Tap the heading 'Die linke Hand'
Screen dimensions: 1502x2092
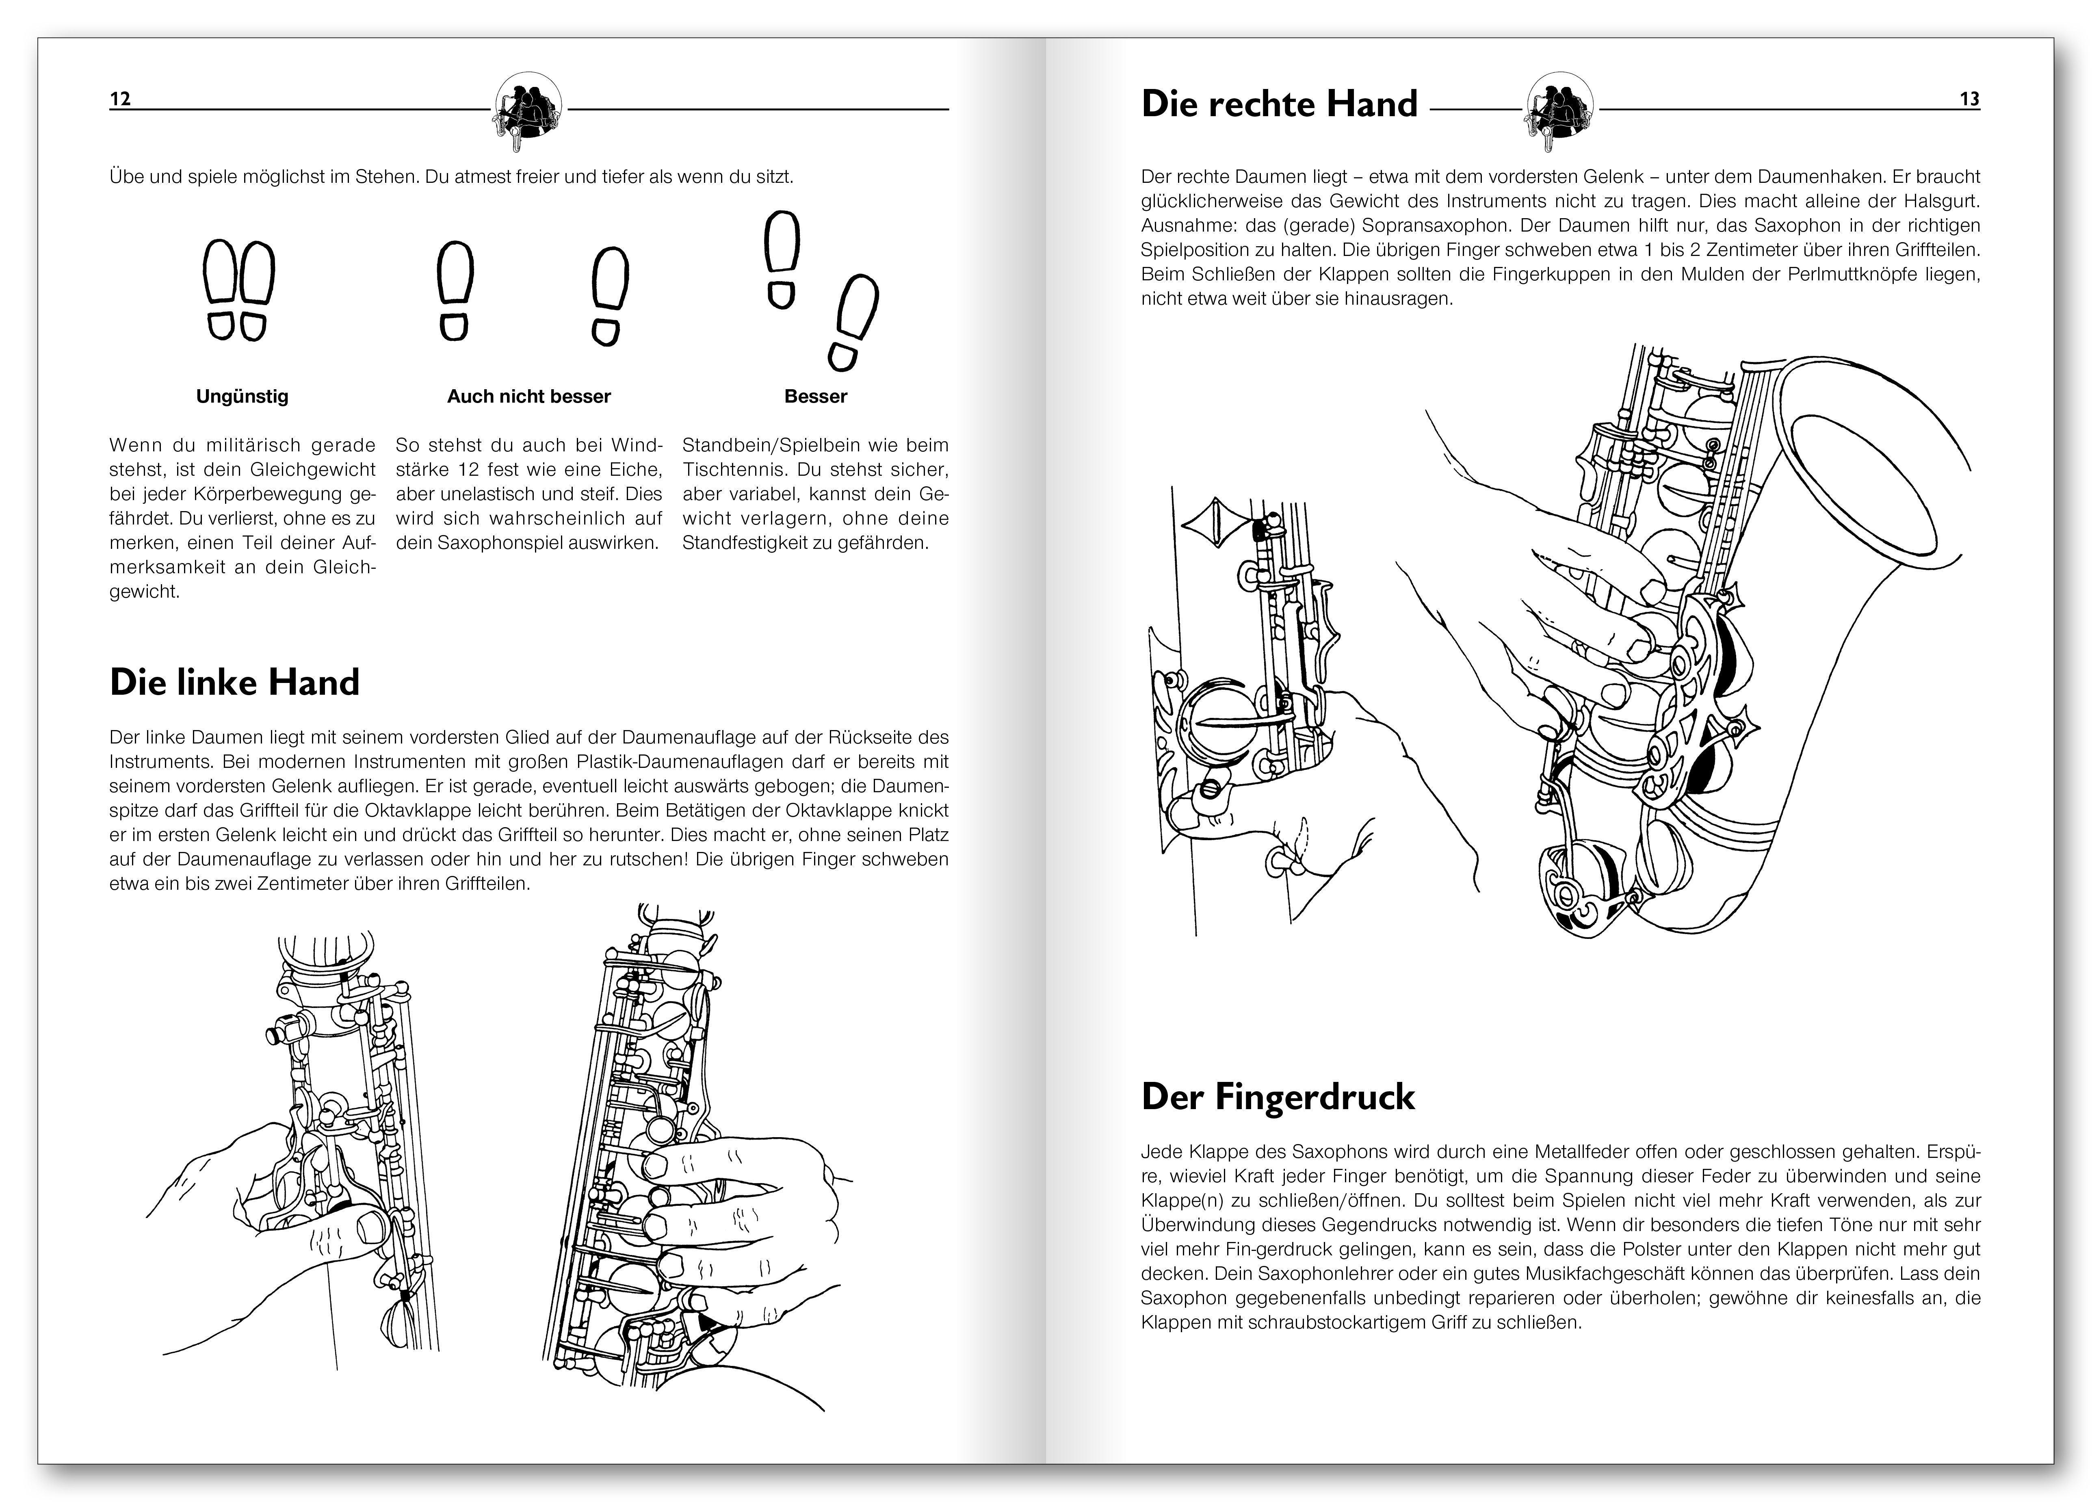(234, 683)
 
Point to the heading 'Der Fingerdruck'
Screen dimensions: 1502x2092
(1278, 1097)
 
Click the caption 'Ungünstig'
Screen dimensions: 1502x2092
(242, 397)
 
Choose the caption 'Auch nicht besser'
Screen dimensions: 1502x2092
(528, 397)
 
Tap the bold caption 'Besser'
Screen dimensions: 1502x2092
(815, 397)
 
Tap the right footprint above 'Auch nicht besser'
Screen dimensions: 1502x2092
(608, 295)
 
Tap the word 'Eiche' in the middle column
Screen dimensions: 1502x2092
(637, 470)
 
